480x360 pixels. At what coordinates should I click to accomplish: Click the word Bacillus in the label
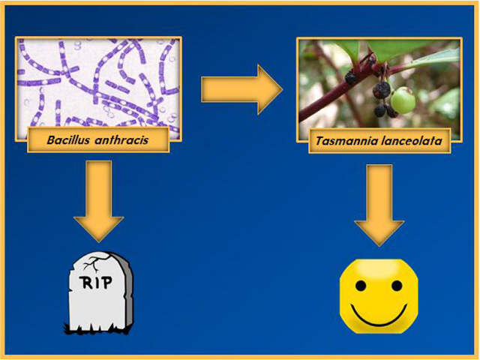pos(68,140)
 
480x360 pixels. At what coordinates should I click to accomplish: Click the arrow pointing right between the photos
pos(241,90)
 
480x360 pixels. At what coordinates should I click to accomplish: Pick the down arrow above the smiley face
pos(379,205)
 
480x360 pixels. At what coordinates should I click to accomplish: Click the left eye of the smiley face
pos(361,286)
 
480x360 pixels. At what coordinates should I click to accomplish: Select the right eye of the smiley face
pos(397,286)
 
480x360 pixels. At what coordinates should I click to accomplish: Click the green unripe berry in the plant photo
pos(403,100)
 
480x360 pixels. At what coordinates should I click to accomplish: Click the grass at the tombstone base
pos(98,328)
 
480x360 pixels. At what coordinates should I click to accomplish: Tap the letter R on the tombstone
pos(86,283)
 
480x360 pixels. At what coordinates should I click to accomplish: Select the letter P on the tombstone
pos(106,282)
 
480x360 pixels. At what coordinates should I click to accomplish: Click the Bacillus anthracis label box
pos(98,140)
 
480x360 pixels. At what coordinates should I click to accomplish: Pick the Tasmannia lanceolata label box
pos(379,141)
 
